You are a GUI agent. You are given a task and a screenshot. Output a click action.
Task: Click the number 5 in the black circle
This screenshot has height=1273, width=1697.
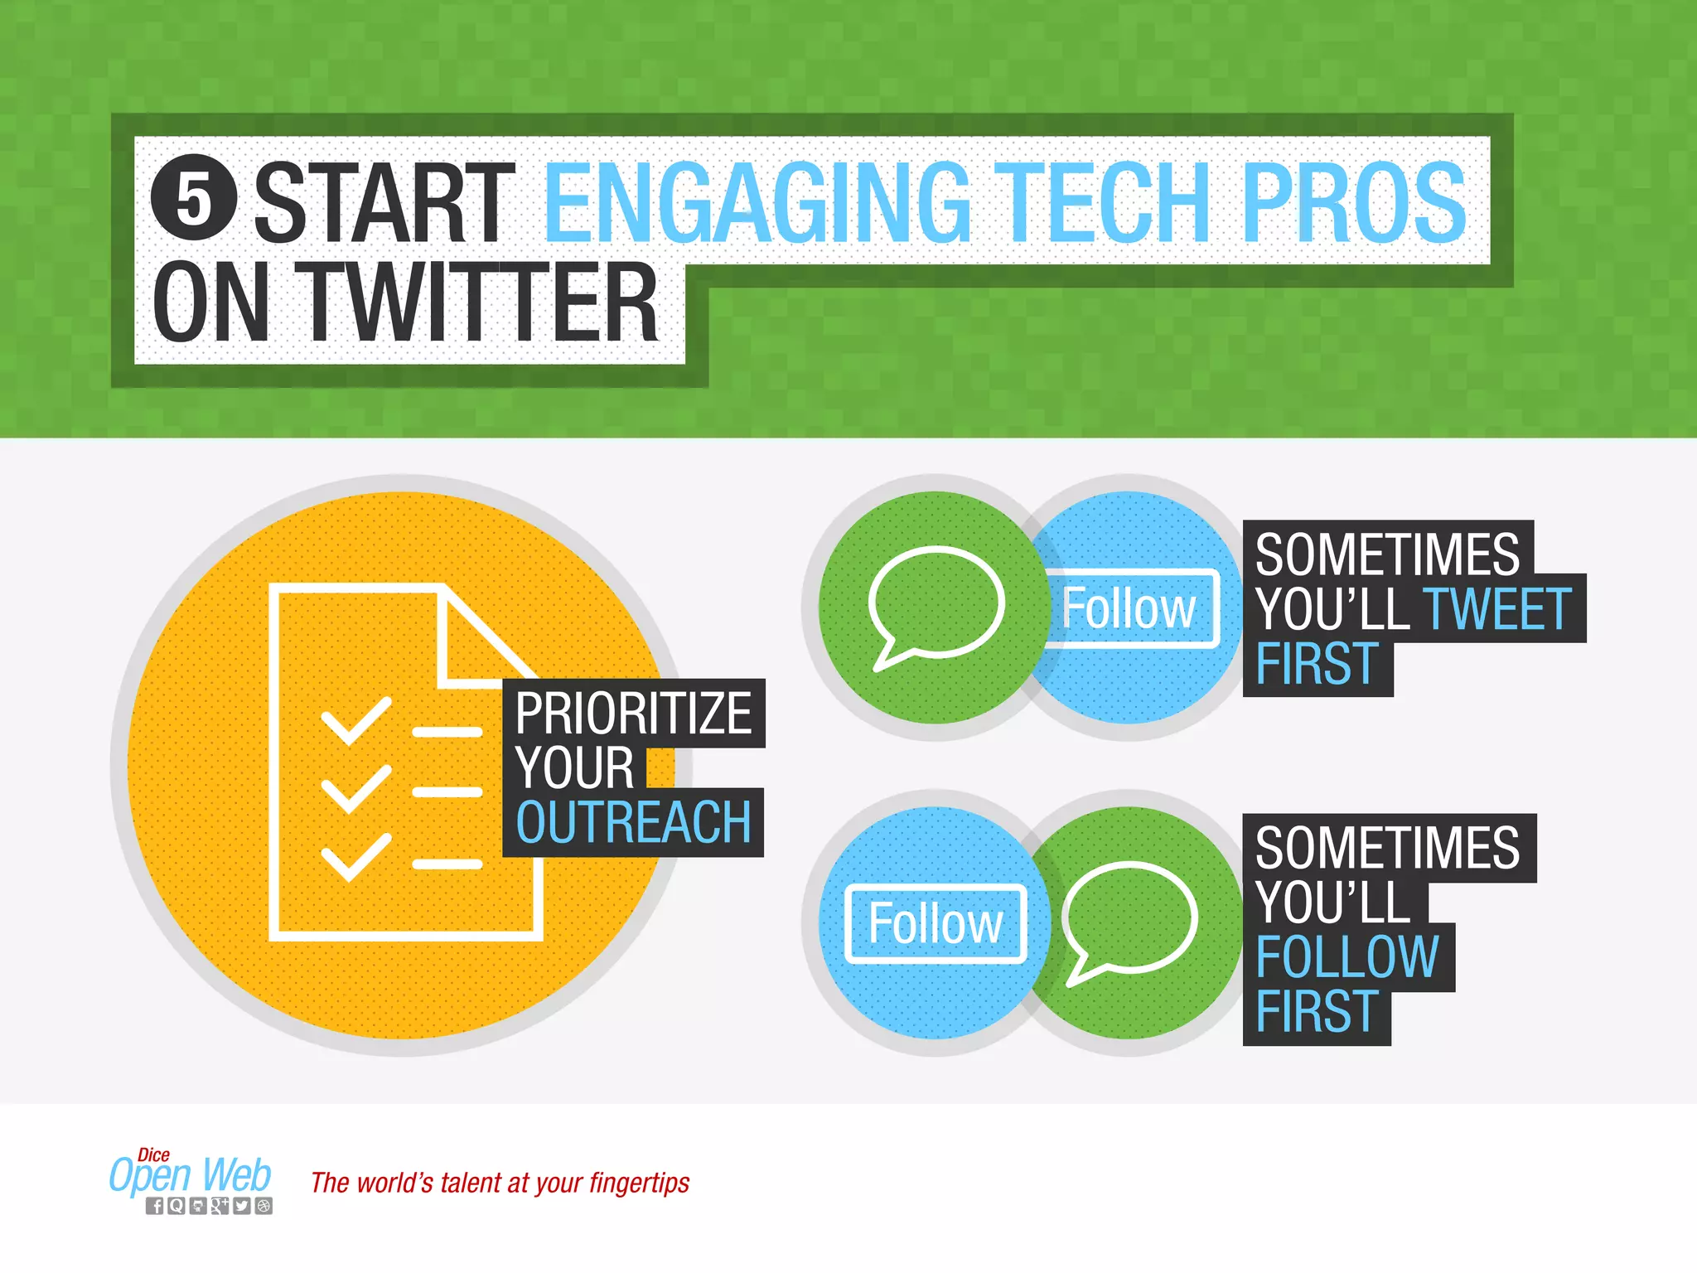tap(194, 198)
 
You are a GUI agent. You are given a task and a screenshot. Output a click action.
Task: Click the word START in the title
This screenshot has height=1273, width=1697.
tap(384, 202)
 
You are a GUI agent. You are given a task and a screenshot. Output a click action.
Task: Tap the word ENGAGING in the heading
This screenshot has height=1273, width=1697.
tap(756, 202)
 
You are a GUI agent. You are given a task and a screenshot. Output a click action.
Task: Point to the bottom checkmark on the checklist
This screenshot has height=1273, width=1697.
tap(355, 856)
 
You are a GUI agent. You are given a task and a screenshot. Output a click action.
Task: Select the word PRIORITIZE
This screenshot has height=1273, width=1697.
tap(633, 714)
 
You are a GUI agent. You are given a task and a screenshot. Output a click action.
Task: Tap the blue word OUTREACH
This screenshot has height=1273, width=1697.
tap(633, 823)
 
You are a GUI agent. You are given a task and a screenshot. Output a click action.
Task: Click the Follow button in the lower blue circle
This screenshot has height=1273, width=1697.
tap(936, 923)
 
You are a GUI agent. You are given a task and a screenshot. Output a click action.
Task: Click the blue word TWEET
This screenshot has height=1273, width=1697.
tap(1496, 609)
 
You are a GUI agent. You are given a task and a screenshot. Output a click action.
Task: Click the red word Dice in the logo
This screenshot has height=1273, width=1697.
tap(153, 1154)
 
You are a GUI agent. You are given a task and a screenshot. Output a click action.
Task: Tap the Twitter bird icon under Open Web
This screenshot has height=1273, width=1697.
tap(241, 1206)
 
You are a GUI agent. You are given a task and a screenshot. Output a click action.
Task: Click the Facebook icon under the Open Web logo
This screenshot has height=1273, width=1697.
tap(155, 1206)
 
